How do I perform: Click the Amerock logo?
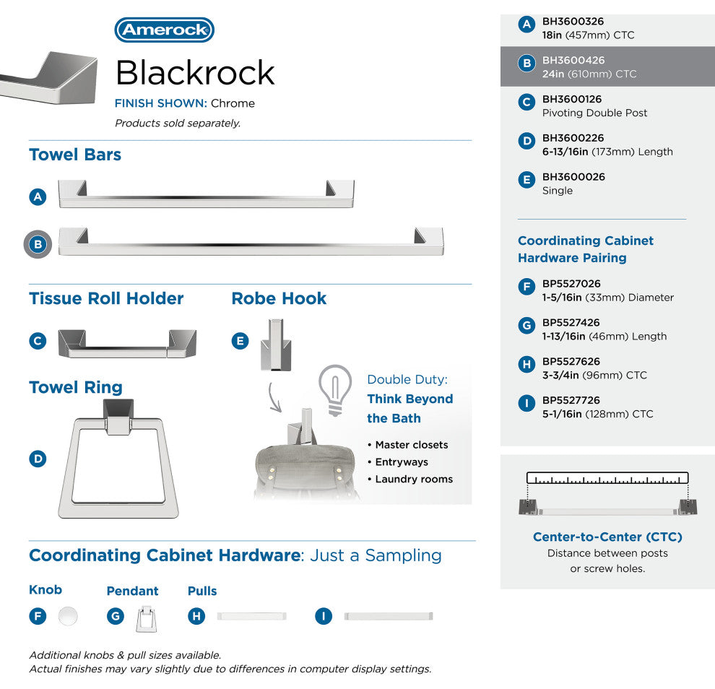pos(165,30)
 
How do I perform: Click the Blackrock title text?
pos(195,72)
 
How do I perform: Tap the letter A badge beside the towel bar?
pos(38,196)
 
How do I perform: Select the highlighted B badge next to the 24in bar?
pos(38,245)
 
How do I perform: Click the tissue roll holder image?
pos(126,342)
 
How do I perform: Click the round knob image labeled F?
pos(68,616)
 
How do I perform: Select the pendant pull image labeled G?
pos(146,618)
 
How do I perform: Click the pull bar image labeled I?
pos(389,616)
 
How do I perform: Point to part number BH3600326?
pos(573,22)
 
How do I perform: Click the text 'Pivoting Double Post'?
pos(594,113)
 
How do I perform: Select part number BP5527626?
pos(571,361)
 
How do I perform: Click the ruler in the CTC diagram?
pos(607,477)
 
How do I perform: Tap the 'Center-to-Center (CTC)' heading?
pos(607,537)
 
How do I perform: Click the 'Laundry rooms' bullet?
pos(414,479)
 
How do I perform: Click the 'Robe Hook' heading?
pos(279,298)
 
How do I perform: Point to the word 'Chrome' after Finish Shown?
pos(233,103)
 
